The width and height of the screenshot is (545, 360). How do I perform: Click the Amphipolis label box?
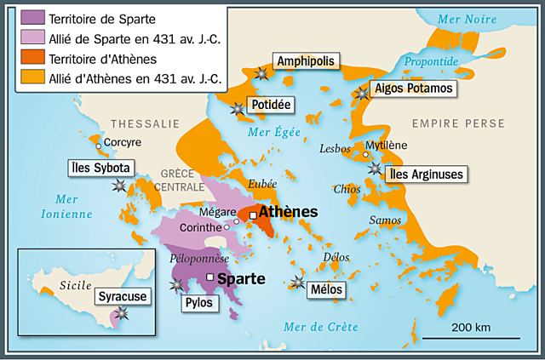pos(305,60)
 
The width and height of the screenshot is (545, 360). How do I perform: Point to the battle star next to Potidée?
pos(237,108)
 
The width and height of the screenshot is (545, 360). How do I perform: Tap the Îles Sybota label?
pos(100,168)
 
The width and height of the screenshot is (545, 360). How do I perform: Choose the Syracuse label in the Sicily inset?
pos(122,296)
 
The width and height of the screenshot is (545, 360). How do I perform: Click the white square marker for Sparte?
pos(209,277)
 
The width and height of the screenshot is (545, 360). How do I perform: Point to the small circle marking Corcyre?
pos(99,147)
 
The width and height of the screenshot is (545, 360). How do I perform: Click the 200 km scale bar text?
pos(469,328)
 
